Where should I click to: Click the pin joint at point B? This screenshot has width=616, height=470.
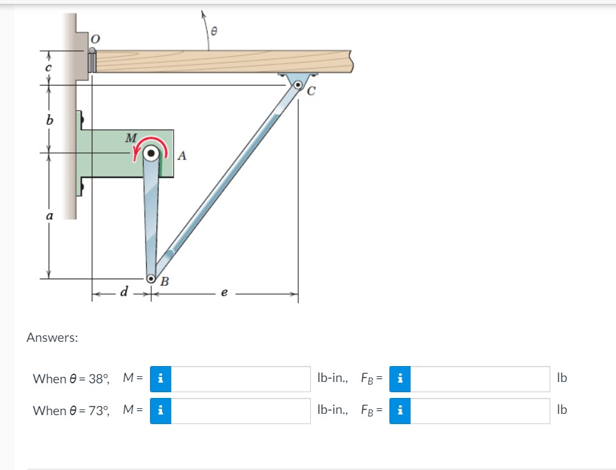(x=152, y=278)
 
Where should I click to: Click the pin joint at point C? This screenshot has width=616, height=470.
(x=298, y=84)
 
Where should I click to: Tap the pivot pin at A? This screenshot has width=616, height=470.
(x=151, y=153)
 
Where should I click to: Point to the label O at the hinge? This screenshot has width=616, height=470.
(x=94, y=40)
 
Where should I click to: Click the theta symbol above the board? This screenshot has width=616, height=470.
(x=214, y=29)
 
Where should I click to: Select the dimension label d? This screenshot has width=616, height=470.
(x=124, y=293)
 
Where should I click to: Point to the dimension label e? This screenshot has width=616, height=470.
(x=223, y=294)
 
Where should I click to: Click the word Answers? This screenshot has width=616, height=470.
(x=52, y=338)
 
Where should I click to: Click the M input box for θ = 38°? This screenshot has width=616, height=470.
(x=240, y=379)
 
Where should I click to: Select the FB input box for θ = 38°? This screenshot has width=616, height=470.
(x=479, y=379)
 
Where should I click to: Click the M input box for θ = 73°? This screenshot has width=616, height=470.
(x=240, y=411)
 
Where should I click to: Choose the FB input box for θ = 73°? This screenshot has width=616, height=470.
(x=479, y=411)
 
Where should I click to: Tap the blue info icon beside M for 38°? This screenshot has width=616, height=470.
(x=160, y=379)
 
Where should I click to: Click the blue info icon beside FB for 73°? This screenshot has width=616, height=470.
(x=400, y=411)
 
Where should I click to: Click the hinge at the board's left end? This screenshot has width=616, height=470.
(x=91, y=61)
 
